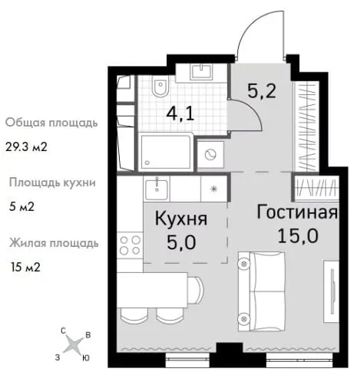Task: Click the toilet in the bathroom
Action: (x=160, y=87)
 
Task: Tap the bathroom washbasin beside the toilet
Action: (x=201, y=72)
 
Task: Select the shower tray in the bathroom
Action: (x=166, y=152)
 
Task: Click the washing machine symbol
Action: (x=210, y=154)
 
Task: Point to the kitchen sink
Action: (x=157, y=189)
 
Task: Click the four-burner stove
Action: (x=130, y=245)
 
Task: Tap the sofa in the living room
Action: (x=262, y=291)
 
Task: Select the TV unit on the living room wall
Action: (x=331, y=291)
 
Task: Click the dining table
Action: (x=153, y=290)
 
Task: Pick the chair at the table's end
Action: (x=197, y=290)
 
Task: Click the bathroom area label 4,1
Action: (x=180, y=115)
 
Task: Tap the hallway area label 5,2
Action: (x=262, y=90)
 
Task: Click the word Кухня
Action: (x=181, y=219)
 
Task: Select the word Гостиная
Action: (x=297, y=212)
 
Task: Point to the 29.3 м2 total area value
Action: (x=26, y=147)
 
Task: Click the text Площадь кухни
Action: (x=52, y=183)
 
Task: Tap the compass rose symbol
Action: (x=74, y=344)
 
